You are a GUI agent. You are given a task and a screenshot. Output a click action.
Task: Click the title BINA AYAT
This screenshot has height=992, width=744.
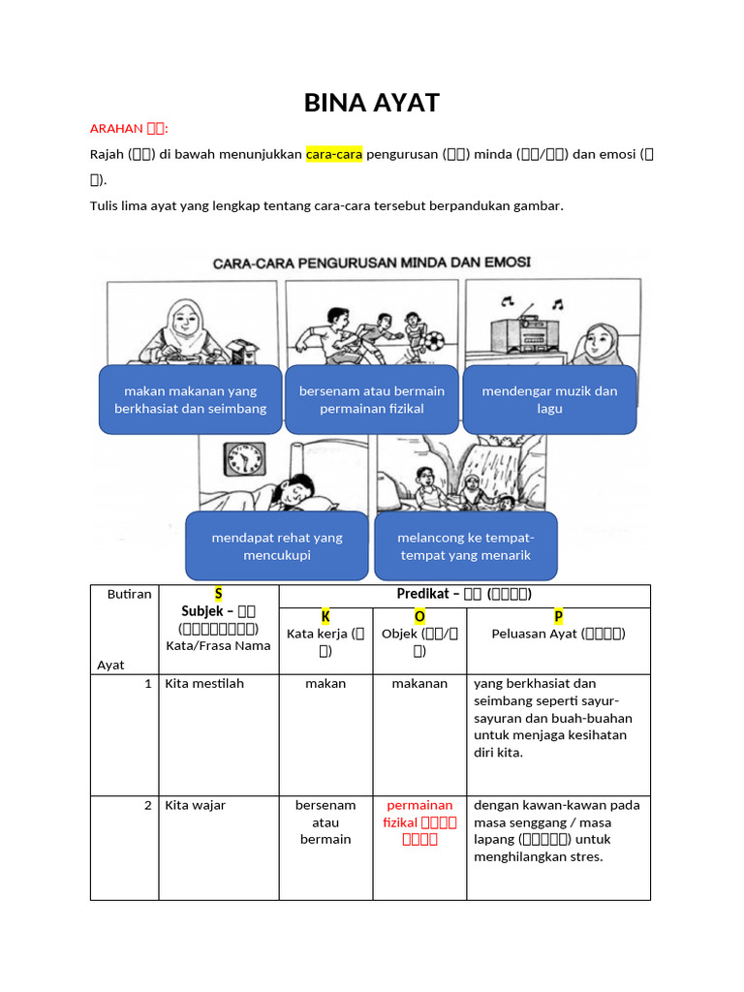tap(372, 103)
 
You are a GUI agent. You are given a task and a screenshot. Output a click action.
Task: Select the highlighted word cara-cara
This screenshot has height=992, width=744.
tap(334, 154)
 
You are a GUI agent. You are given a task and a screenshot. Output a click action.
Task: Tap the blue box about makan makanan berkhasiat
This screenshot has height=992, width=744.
tap(191, 399)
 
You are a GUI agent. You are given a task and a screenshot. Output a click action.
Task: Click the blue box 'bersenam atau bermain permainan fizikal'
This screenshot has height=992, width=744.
tap(372, 399)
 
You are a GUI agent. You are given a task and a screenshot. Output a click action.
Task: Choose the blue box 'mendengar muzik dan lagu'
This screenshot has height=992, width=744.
tap(549, 399)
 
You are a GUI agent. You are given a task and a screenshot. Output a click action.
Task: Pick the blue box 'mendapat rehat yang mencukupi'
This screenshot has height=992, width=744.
tap(277, 546)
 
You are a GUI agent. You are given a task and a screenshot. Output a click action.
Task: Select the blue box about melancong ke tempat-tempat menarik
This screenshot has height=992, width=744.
tap(466, 546)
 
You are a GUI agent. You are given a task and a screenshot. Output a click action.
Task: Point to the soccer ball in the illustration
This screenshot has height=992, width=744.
tap(435, 342)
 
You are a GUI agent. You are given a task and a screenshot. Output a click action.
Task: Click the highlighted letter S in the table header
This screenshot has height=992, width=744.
tap(218, 594)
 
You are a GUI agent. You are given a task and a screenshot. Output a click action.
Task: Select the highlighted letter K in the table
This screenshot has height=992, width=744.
tap(325, 617)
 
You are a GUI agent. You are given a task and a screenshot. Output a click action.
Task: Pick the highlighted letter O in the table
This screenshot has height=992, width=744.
tap(419, 617)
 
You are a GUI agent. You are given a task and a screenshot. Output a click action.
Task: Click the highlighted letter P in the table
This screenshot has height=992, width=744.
tap(558, 617)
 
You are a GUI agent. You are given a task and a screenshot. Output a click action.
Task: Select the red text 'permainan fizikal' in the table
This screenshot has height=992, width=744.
tap(419, 821)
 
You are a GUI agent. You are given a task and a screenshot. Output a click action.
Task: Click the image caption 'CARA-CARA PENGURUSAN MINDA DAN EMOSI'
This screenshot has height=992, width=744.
tap(372, 263)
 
